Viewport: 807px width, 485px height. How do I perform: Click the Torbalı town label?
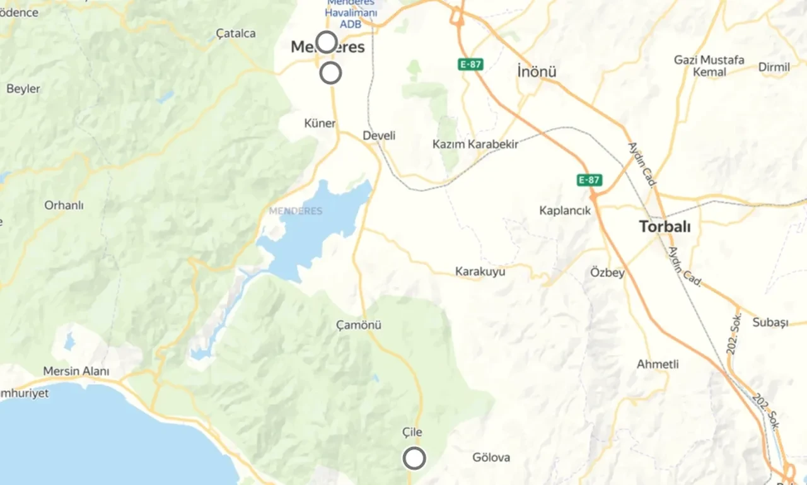click(665, 227)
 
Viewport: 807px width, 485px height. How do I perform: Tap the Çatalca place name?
click(236, 33)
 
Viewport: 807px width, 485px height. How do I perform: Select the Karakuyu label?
click(480, 272)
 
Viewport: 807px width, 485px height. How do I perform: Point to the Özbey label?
click(607, 272)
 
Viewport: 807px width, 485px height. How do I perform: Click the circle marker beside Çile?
click(414, 459)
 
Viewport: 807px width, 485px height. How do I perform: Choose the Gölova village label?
click(491, 457)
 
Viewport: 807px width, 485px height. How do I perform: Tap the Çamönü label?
click(359, 325)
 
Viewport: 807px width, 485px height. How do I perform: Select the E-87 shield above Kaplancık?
click(589, 180)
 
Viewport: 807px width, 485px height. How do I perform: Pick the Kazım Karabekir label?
click(475, 144)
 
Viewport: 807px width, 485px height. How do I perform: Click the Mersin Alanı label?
click(76, 371)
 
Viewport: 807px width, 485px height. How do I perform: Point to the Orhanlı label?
click(64, 206)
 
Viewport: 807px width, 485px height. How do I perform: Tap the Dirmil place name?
click(774, 67)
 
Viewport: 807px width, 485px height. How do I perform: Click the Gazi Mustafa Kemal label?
click(709, 66)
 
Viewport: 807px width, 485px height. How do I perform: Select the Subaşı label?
click(770, 322)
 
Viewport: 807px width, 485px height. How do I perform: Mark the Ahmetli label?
click(658, 365)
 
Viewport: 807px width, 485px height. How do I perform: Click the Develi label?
click(379, 136)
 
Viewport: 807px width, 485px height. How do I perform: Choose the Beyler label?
click(23, 89)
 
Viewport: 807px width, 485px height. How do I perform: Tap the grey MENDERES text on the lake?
click(296, 211)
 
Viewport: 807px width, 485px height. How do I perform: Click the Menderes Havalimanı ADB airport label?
click(352, 13)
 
